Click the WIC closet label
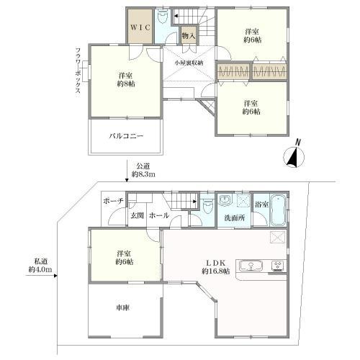tap(140, 27)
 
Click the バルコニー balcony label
tap(127, 135)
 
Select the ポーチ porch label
tap(114, 200)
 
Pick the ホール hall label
tap(159, 215)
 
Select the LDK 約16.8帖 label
tap(215, 266)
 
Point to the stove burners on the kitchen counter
tap(278, 266)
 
